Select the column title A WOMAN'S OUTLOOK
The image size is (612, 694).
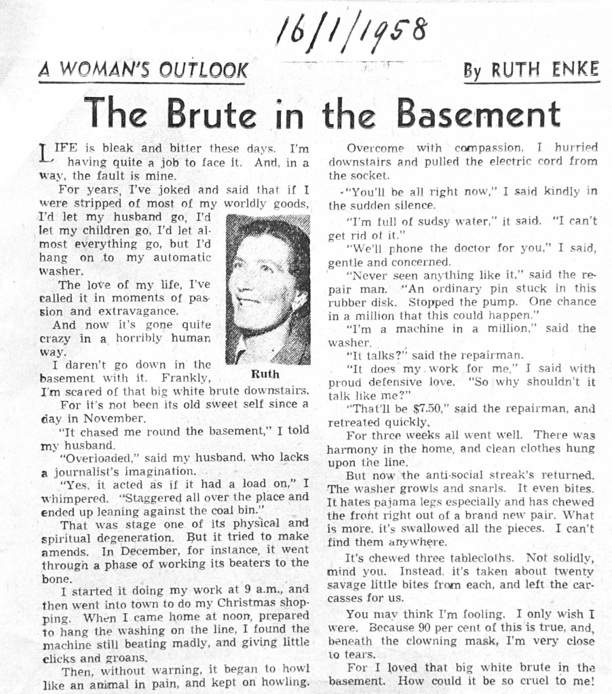(x=143, y=70)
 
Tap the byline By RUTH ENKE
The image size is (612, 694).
(x=531, y=70)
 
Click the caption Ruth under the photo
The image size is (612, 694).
(x=265, y=374)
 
